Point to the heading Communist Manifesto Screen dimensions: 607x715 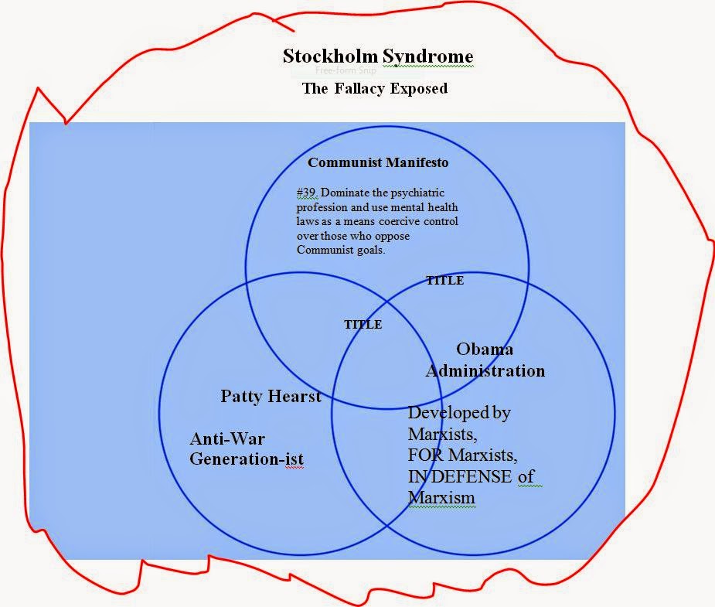point(378,163)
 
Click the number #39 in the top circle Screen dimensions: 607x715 point(306,192)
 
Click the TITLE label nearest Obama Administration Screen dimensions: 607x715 point(445,281)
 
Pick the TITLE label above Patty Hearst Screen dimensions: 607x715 point(363,325)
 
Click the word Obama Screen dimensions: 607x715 point(485,350)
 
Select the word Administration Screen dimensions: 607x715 point(485,370)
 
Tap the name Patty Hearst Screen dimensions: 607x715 point(271,397)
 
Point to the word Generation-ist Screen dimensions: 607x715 point(247,459)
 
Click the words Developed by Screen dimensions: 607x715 point(459,413)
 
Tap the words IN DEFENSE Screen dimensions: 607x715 point(461,476)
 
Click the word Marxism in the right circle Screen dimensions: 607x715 point(441,497)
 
